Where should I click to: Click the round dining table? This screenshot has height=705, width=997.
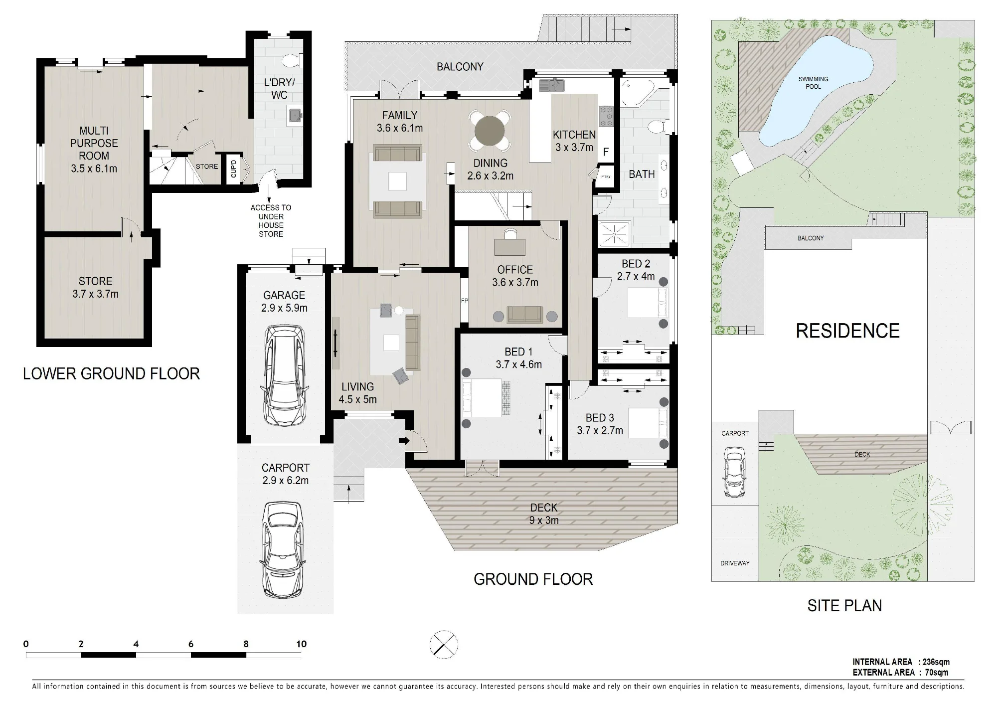click(490, 131)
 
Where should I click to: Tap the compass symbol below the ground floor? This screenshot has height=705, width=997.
click(444, 645)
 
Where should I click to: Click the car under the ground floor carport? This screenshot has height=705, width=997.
click(283, 550)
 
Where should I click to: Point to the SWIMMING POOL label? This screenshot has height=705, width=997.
click(813, 83)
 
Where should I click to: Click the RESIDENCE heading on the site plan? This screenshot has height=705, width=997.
click(847, 331)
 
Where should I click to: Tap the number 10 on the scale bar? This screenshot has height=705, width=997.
click(301, 644)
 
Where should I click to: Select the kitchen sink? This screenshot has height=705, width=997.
click(551, 85)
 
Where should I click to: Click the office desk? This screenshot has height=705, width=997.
click(510, 246)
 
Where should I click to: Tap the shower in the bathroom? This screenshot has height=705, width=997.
click(615, 234)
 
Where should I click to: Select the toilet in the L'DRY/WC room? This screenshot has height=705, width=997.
click(290, 61)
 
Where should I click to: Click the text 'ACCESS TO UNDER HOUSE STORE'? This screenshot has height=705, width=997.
click(271, 221)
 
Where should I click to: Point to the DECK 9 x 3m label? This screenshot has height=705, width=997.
click(543, 514)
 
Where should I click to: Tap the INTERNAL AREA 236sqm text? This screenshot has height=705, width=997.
click(901, 662)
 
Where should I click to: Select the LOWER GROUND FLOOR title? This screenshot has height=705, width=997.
click(111, 373)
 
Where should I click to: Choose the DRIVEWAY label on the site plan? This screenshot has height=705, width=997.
click(735, 563)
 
